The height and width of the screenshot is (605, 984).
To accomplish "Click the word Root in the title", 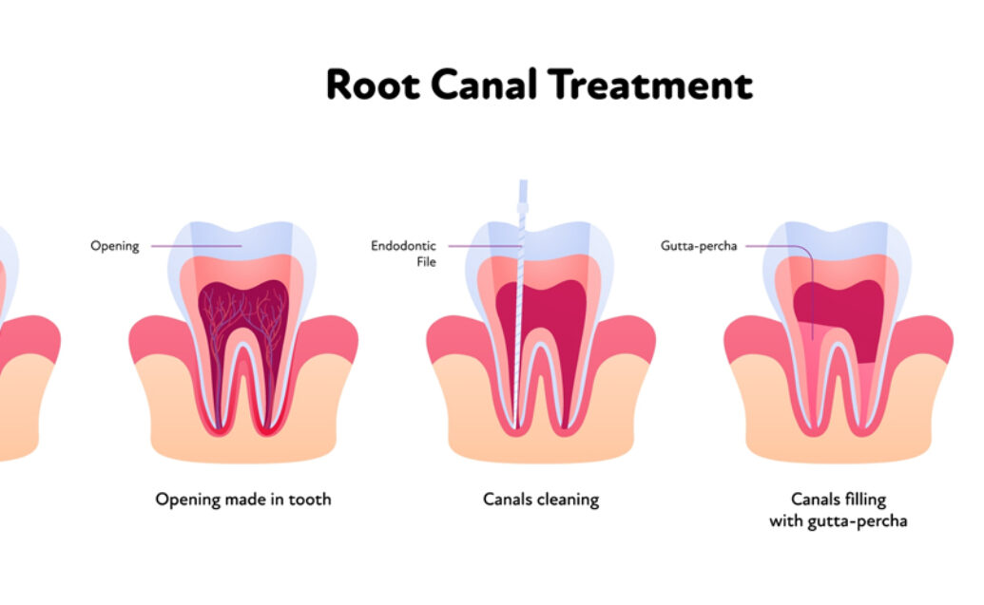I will point(373,85).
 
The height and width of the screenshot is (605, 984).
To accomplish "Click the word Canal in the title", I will point(485,85).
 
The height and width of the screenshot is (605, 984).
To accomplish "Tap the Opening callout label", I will point(114,246).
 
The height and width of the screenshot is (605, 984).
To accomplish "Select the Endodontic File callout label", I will point(403,254).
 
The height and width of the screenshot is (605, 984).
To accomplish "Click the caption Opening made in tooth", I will point(243,499).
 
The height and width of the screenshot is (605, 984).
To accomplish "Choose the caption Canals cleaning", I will point(541,499).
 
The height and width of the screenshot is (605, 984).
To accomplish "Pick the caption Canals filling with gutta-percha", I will point(838,509).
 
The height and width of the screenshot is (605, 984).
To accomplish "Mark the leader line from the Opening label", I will point(195,246).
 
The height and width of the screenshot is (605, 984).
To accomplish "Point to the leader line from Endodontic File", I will point(480,246).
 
